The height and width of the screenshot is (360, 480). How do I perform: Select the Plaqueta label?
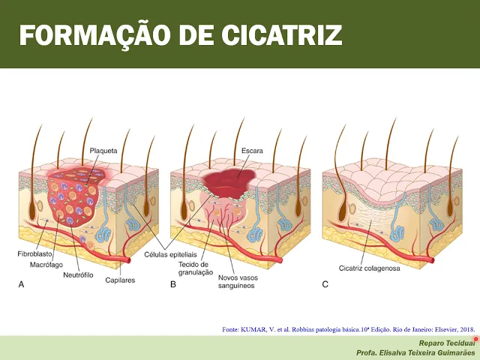[x=103, y=150]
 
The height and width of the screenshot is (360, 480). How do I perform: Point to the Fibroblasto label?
[x=35, y=255]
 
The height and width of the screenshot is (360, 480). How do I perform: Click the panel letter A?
[x=21, y=284]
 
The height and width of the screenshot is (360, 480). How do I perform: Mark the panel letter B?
[x=173, y=284]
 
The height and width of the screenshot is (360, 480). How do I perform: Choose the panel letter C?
[x=325, y=284]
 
